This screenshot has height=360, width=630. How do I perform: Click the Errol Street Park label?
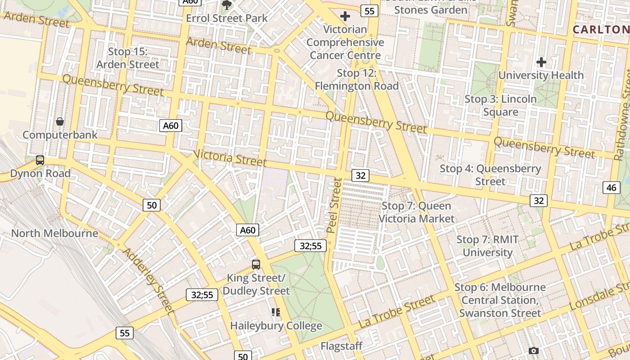pos(227,18)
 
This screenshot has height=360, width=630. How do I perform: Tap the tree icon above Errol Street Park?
pos(227,5)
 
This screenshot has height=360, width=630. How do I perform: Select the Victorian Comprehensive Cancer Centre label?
pos(346,42)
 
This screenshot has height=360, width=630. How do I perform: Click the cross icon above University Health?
pos(541,62)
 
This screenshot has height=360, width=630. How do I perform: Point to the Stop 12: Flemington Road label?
pos(356,79)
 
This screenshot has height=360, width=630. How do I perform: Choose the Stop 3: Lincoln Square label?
pos(500,105)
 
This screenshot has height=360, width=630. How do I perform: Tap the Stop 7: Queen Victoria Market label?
pos(416,212)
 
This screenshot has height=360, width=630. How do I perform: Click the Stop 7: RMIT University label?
pos(487,246)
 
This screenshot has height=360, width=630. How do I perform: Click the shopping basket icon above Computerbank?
pos(59,121)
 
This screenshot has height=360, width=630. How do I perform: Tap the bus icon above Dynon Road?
pos(40,160)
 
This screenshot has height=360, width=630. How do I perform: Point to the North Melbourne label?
pos(54,233)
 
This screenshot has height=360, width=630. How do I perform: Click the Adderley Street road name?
pos(148,280)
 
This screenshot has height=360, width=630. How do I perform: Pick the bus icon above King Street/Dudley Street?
pos(256,264)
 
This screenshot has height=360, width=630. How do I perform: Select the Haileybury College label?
pos(276,325)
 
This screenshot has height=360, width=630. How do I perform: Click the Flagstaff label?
pos(342,346)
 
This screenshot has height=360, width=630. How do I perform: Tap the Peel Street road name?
pos(334,205)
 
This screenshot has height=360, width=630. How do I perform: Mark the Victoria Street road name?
pos(230,157)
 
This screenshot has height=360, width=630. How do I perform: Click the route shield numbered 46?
pos(611,188)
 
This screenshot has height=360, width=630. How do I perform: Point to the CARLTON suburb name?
pos(601,30)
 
